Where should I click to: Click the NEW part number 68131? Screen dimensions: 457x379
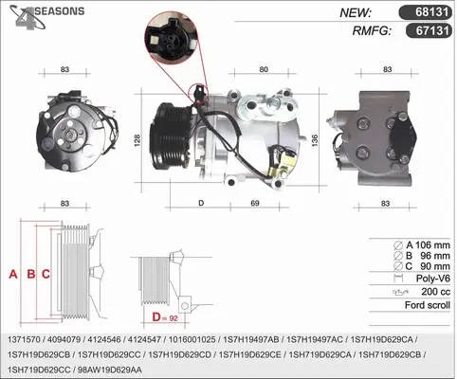(431, 12)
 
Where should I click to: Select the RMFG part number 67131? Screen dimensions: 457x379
(432, 30)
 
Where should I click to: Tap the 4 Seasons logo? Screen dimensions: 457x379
(46, 17)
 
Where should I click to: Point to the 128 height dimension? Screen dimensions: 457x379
(137, 140)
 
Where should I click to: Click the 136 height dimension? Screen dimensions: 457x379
(315, 140)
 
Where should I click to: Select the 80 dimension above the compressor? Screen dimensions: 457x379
(264, 69)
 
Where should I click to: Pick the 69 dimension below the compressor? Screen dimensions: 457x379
(255, 203)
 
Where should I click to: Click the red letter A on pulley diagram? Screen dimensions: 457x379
(13, 274)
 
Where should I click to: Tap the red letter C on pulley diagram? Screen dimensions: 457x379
(46, 274)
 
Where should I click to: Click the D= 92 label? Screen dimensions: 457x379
(165, 317)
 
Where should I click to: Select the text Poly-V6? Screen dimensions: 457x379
(432, 279)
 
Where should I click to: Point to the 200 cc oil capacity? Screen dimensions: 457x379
(435, 292)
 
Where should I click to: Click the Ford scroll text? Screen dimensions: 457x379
(428, 305)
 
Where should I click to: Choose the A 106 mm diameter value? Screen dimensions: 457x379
(428, 245)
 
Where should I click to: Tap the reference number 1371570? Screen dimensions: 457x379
(24, 339)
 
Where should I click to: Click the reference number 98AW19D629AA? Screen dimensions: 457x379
(110, 370)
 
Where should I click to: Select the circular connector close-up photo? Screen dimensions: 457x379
(171, 38)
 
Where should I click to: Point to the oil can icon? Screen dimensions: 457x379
(400, 292)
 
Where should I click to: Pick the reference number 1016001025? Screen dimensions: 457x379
(192, 339)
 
